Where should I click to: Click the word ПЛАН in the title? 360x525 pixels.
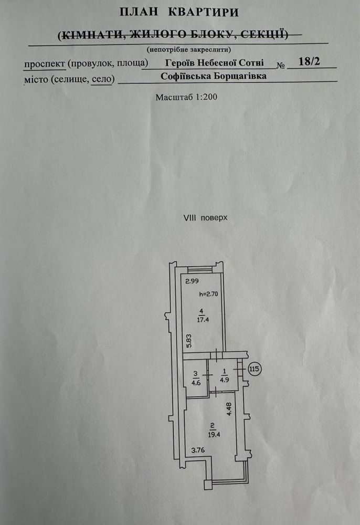[x=139, y=12]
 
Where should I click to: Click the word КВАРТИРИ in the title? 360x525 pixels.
[x=204, y=12]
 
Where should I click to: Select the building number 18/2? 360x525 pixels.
[x=309, y=61]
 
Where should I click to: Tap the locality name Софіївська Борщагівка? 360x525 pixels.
[x=214, y=76]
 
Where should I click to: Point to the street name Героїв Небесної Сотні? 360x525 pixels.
[x=215, y=62]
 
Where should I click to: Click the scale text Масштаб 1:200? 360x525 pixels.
[x=186, y=97]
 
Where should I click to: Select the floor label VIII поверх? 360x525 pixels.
[x=205, y=218]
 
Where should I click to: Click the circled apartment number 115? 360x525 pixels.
[x=255, y=369]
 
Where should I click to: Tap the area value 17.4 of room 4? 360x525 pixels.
[x=203, y=319]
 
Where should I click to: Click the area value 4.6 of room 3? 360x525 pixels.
[x=196, y=383]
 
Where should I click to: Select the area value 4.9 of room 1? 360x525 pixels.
[x=224, y=380]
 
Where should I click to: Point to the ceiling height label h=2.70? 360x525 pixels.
[x=208, y=295]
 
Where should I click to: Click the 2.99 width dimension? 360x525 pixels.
[x=192, y=281]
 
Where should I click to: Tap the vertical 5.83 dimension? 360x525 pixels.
[x=189, y=341]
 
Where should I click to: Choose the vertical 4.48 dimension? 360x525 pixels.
[x=229, y=409]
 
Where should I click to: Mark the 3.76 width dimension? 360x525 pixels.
[x=198, y=450]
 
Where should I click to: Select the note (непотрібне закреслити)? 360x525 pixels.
[x=189, y=49]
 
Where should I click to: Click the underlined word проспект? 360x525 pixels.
[x=45, y=64]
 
